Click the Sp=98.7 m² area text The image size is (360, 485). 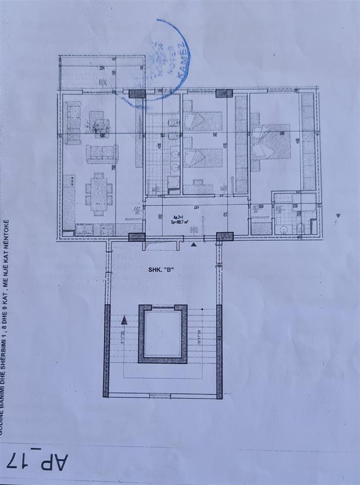pos(175,221)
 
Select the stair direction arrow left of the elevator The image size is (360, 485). pos(124,319)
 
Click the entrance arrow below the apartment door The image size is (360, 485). pos(194,245)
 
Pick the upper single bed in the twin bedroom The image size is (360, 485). pos(202,121)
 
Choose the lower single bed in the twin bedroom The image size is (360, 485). pos(202,158)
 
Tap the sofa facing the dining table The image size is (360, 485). pos(102,154)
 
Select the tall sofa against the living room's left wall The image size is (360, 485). pos(73,123)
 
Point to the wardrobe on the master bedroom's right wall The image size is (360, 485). pos(308,142)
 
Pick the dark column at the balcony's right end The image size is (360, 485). pos(137,94)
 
